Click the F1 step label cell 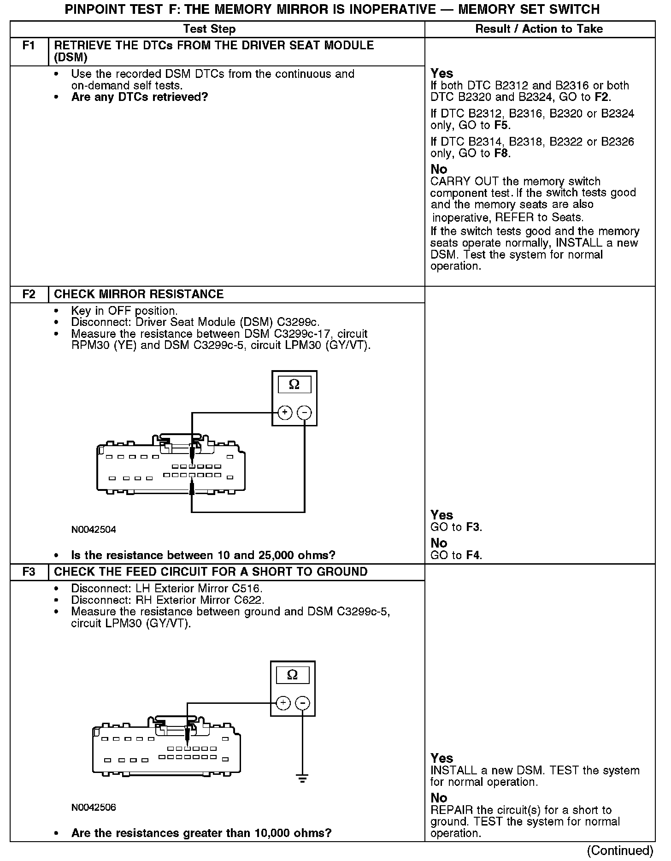click(x=29, y=46)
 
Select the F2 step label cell click(x=29, y=294)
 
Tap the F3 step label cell click(x=29, y=572)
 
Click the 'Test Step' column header click(x=209, y=29)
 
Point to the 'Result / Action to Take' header click(x=539, y=29)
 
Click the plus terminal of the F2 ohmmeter click(x=285, y=413)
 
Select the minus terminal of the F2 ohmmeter click(x=304, y=413)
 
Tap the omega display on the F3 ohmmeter click(x=292, y=675)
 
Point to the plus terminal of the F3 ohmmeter click(x=283, y=703)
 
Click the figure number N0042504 click(x=94, y=530)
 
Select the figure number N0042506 click(x=94, y=808)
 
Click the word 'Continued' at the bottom click(x=620, y=850)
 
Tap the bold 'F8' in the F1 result click(x=501, y=153)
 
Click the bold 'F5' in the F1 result click(x=501, y=125)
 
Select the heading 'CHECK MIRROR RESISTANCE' click(x=139, y=294)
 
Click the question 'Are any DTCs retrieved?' click(x=140, y=97)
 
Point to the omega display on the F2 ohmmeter click(x=294, y=384)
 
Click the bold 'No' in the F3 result click(x=439, y=798)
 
